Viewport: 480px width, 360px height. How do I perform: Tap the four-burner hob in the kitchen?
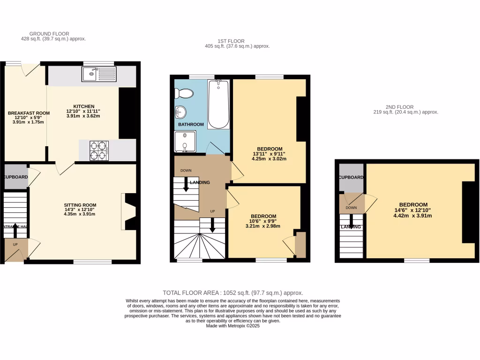point(99,150)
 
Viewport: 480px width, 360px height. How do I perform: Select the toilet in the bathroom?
point(184,94)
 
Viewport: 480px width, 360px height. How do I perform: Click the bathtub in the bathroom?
point(218,104)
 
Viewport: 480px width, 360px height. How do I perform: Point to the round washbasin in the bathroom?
point(180,112)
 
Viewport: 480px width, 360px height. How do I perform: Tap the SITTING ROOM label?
point(80,205)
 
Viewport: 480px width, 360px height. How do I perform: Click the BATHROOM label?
point(191,124)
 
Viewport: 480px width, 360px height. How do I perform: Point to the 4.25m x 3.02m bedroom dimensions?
point(269,158)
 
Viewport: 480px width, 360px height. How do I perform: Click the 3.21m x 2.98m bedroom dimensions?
point(263,226)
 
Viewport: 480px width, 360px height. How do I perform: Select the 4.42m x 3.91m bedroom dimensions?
point(413,216)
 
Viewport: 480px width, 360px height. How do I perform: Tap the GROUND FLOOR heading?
point(49,34)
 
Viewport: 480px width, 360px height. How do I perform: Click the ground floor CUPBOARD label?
point(16,177)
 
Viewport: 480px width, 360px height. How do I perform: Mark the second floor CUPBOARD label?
point(351,177)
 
